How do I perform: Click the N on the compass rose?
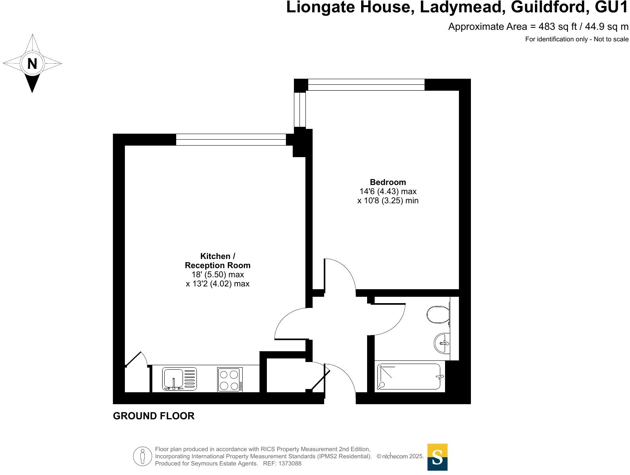(x=32, y=63)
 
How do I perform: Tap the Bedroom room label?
(x=388, y=182)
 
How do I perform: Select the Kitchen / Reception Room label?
(x=218, y=261)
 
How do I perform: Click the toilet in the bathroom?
(x=437, y=315)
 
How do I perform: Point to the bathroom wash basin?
(x=442, y=343)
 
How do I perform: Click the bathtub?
(x=410, y=377)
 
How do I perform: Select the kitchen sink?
(x=179, y=378)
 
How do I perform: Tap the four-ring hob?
(x=230, y=380)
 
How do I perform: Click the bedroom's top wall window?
(x=366, y=85)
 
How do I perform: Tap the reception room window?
(x=231, y=140)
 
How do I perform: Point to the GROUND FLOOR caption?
(x=154, y=416)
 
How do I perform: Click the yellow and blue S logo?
(x=437, y=457)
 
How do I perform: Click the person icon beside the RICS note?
(x=142, y=456)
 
